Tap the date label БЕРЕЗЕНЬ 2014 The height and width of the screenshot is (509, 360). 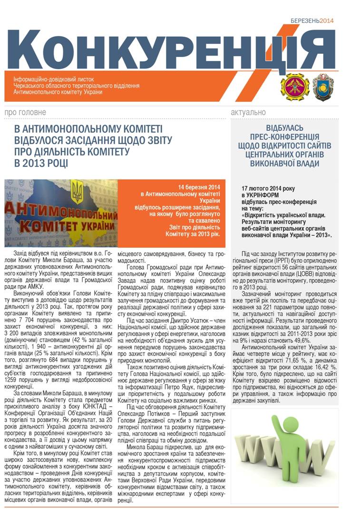coord(312,20)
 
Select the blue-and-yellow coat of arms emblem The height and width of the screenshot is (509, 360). coord(323,86)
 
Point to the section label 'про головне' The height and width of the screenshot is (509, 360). coord(25,112)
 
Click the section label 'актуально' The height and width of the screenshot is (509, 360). coord(248,112)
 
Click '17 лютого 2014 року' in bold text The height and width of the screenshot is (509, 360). coord(268,188)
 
